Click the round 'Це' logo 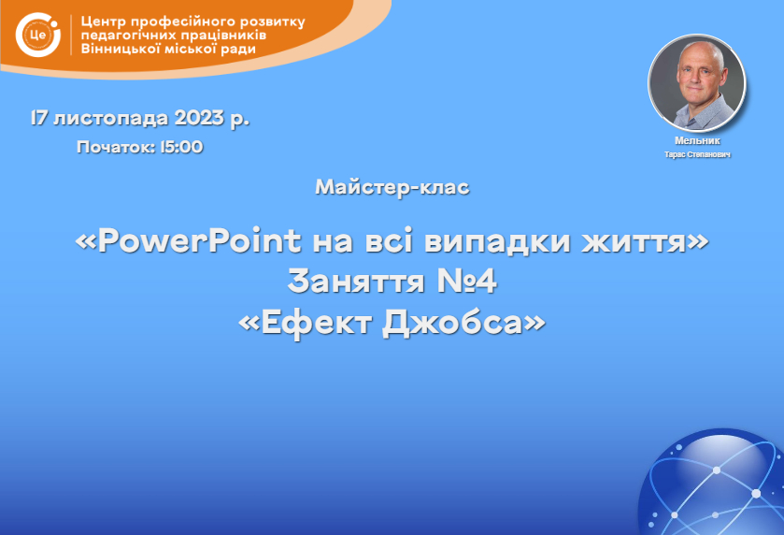pyautogui.click(x=38, y=35)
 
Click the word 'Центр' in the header pyautogui.click(x=104, y=22)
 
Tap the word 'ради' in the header pyautogui.click(x=238, y=50)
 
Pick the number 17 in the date pyautogui.click(x=39, y=118)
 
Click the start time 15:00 pyautogui.click(x=181, y=147)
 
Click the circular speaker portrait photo pyautogui.click(x=696, y=83)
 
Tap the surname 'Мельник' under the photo pyautogui.click(x=697, y=140)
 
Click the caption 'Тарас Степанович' pyautogui.click(x=697, y=154)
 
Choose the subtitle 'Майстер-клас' pyautogui.click(x=392, y=188)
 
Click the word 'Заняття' pyautogui.click(x=356, y=282)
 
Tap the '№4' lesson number pyautogui.click(x=467, y=282)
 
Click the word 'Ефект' pyautogui.click(x=317, y=324)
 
